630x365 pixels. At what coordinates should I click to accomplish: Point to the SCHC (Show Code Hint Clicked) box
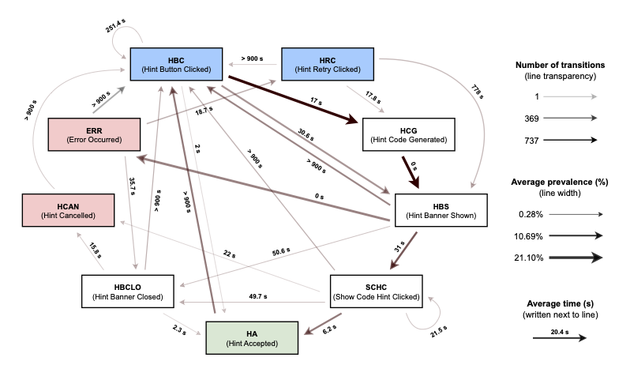click(376, 291)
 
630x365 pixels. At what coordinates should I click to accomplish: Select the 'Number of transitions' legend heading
click(559, 64)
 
